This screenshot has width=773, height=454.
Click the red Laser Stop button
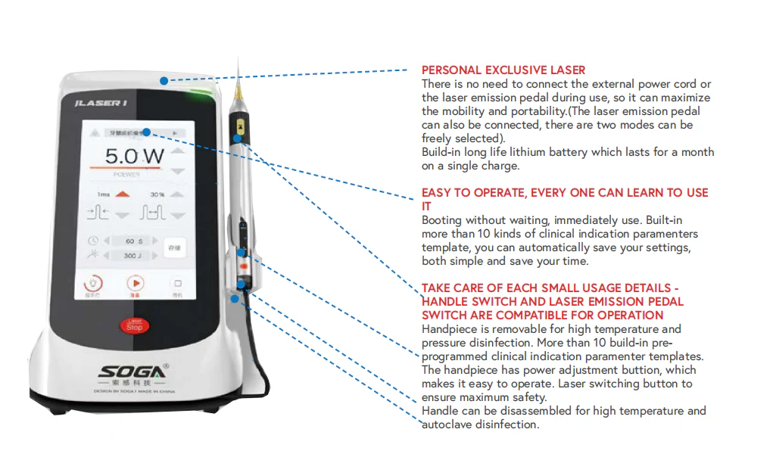(134, 325)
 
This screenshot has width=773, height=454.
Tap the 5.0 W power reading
(134, 157)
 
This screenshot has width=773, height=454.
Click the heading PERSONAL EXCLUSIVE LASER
(503, 70)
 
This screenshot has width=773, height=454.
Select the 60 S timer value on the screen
(135, 241)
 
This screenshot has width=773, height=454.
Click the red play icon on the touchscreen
(135, 283)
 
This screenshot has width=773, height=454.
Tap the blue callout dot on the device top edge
(164, 79)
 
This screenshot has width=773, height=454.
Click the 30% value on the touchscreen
(157, 194)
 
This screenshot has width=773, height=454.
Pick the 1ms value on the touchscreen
(103, 194)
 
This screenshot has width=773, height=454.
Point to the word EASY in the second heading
(437, 193)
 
